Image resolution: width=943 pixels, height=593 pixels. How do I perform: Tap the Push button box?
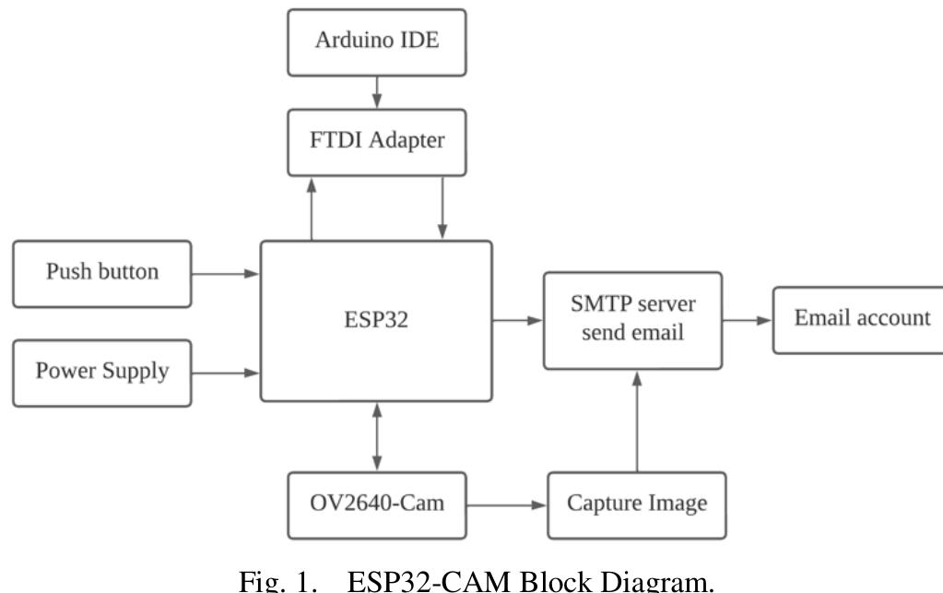pos(102,273)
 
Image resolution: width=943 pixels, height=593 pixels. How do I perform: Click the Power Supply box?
pos(102,372)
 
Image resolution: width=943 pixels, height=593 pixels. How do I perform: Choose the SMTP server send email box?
pos(632,320)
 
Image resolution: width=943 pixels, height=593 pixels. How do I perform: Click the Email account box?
pos(856,320)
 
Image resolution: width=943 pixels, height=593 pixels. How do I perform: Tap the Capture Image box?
pos(637,505)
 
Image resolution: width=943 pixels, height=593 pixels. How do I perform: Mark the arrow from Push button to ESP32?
pos(226,273)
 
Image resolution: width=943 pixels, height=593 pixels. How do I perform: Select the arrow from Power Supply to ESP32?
pos(226,373)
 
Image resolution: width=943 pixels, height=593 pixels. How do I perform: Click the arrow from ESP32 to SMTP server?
pos(516,320)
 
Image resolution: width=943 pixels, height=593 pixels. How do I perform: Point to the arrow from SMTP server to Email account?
pos(748,320)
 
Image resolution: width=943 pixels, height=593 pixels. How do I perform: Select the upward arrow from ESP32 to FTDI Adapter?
pos(312,208)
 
